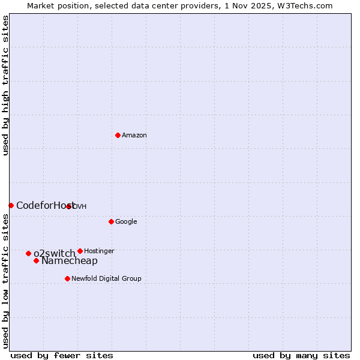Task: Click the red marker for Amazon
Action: click(118, 135)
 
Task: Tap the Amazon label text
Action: click(134, 135)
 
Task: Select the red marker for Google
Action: click(111, 221)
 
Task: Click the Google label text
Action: click(126, 221)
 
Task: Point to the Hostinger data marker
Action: click(80, 251)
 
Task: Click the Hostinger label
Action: click(99, 251)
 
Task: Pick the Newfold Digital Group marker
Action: click(67, 278)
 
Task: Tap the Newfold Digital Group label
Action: click(106, 278)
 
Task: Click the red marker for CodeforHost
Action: click(11, 205)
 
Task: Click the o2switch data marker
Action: click(28, 253)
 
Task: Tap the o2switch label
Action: click(54, 253)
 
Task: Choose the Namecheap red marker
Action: click(36, 260)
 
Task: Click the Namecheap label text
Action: click(69, 260)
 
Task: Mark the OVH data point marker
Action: click(69, 206)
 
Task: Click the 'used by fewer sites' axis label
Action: click(62, 355)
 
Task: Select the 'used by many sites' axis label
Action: click(301, 355)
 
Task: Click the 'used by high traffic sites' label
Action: click(5, 85)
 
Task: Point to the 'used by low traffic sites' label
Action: click(5, 281)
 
